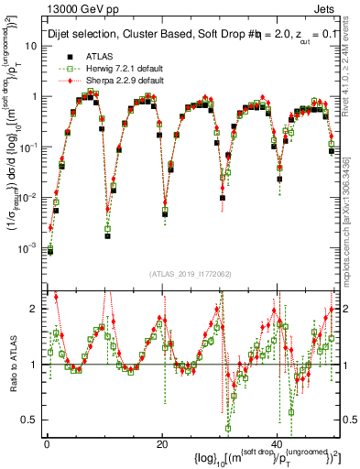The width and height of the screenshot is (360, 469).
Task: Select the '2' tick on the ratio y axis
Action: [36, 309]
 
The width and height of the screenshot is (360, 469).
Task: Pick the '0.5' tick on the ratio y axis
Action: [32, 420]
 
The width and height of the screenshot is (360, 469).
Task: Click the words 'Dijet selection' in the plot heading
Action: [84, 34]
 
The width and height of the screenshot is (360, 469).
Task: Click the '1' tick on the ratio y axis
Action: [36, 365]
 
